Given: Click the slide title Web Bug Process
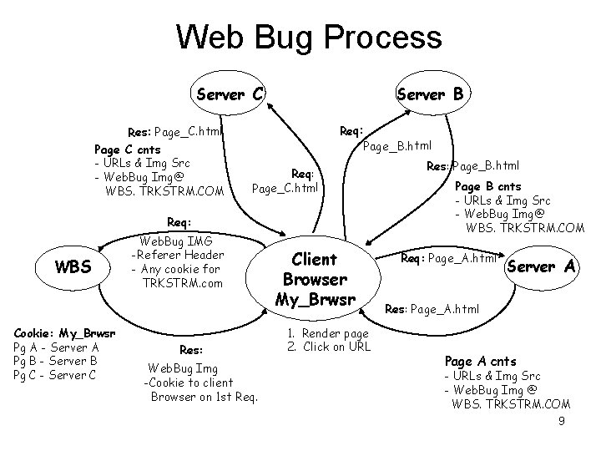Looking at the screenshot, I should point(309,38).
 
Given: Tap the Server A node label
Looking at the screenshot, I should point(542,266).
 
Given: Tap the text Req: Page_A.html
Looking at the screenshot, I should point(450,258).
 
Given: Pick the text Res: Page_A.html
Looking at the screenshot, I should point(432,309).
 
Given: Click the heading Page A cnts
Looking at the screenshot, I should point(480,361).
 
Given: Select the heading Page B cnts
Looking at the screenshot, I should point(487,185).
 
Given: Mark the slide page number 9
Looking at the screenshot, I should point(562,422).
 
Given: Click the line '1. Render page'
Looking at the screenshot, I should point(327,332).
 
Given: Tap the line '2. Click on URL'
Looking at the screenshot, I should point(327,346).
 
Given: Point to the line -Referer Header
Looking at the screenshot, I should point(179,255).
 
